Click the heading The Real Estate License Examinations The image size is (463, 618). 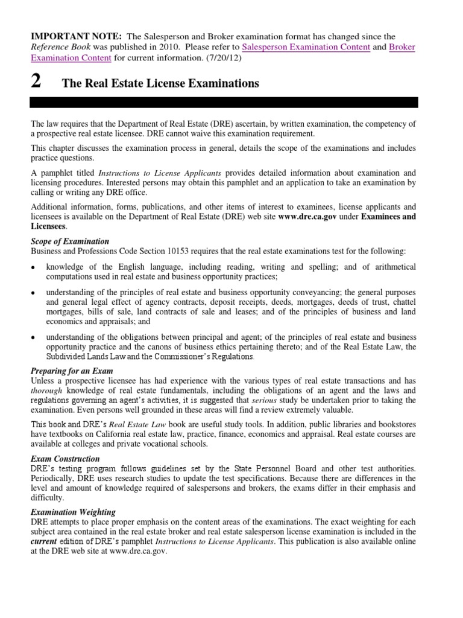point(161,83)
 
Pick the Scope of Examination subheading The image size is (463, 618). point(71,241)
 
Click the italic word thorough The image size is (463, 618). point(46,390)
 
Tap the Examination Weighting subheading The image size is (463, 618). point(74,512)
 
